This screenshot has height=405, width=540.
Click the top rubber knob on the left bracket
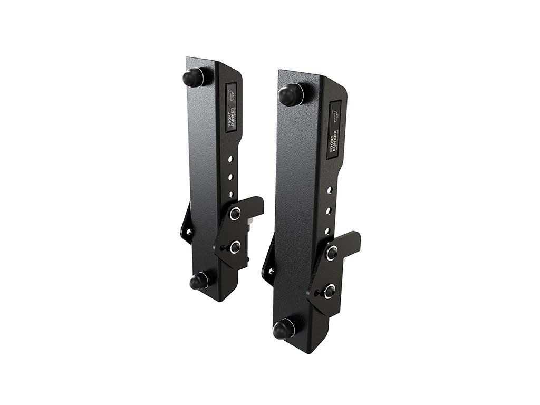coord(194,78)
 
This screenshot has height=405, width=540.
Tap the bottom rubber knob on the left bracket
coord(199,282)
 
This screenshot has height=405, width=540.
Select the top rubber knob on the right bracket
coord(289,95)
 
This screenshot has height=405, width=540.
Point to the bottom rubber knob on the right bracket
coord(284,329)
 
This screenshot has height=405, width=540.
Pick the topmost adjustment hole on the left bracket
coord(230,158)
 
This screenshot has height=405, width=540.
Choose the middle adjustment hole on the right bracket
coord(328,210)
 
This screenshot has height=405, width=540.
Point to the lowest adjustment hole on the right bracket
coord(327,230)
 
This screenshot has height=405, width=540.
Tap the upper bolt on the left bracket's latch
coord(235,214)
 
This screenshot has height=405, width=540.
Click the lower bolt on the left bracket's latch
coord(234,246)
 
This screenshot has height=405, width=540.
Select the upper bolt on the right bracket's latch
coord(332,253)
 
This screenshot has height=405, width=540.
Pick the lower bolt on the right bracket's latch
coord(330,290)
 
